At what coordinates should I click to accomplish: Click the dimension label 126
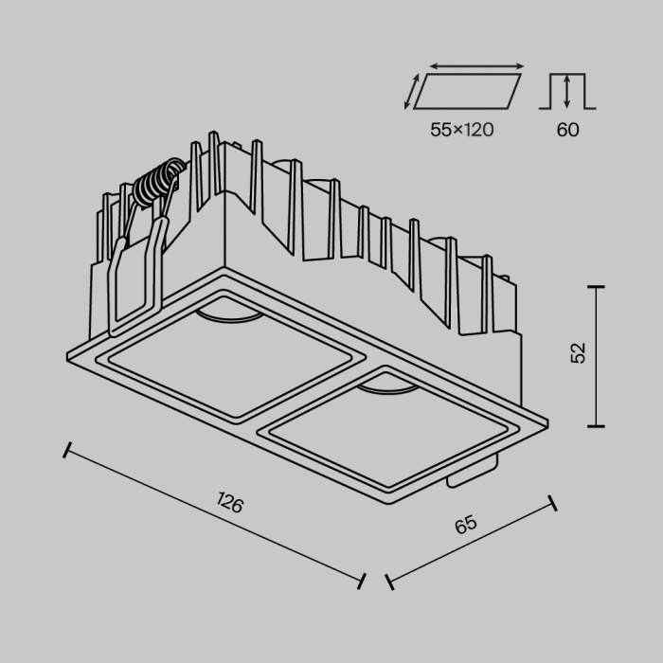pos(230,502)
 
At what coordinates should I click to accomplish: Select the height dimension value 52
pos(579,351)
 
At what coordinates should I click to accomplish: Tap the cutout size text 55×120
pos(461,131)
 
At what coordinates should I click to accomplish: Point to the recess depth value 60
pos(567,131)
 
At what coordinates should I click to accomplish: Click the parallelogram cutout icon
pos(468,93)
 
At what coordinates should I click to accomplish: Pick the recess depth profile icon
pos(567,92)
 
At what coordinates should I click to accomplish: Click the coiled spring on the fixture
pos(156,184)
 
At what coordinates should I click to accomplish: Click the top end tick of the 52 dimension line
pos(596,285)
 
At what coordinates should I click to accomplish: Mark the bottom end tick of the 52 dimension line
pos(596,426)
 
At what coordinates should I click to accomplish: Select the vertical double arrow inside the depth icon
pos(567,92)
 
